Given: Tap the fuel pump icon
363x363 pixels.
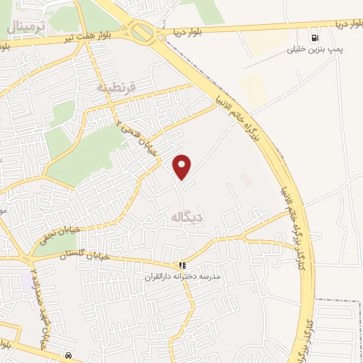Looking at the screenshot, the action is (x=313, y=38).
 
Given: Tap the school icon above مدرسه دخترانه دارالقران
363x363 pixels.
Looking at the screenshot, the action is (x=183, y=265).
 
